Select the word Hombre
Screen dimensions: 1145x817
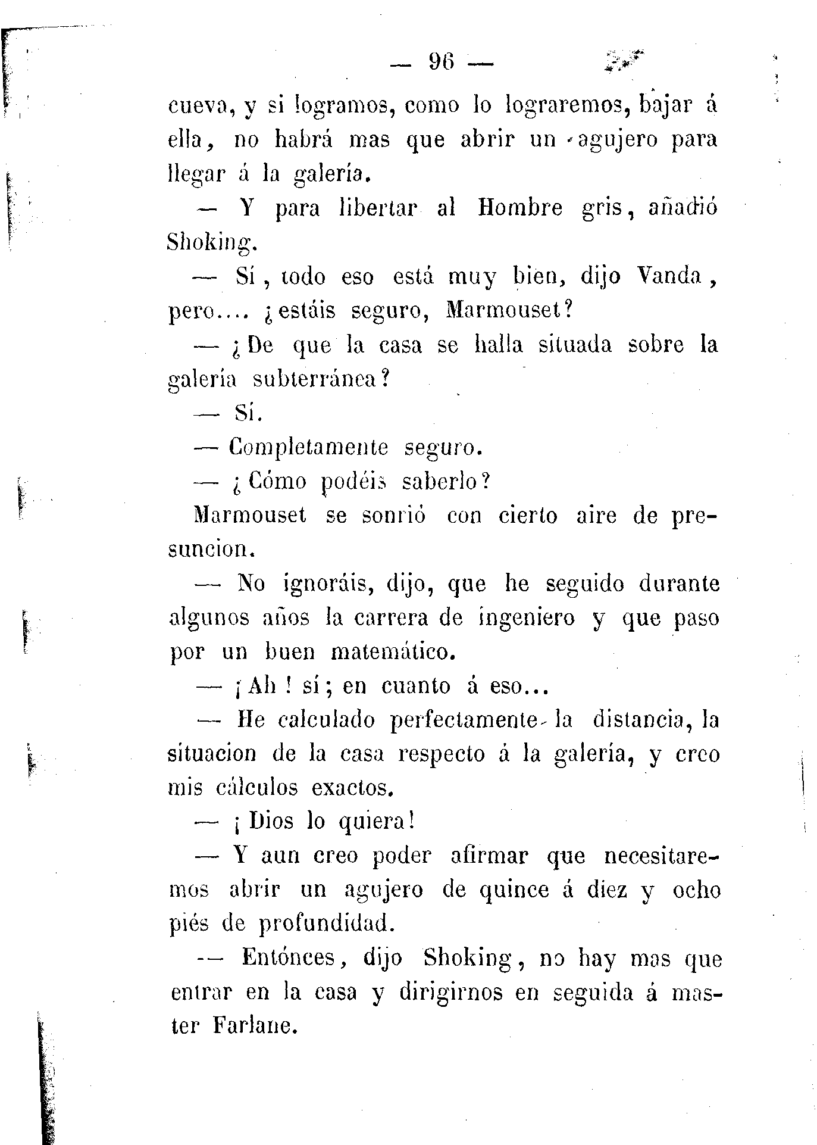point(520,208)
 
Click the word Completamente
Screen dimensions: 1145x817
point(309,447)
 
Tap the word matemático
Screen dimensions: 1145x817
point(392,652)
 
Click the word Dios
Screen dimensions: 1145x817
point(271,822)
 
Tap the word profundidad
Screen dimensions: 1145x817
point(327,924)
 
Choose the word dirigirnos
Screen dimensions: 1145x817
point(451,993)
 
